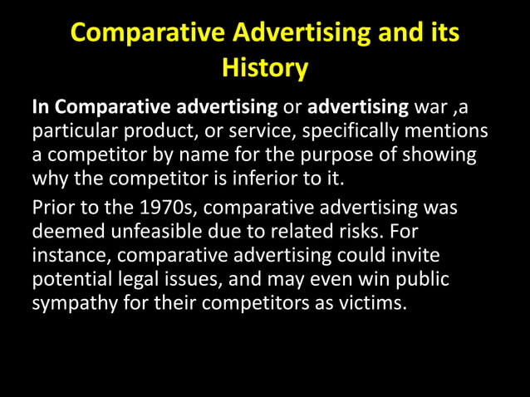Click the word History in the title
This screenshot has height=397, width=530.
(265, 67)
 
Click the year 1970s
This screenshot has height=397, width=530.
(164, 206)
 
